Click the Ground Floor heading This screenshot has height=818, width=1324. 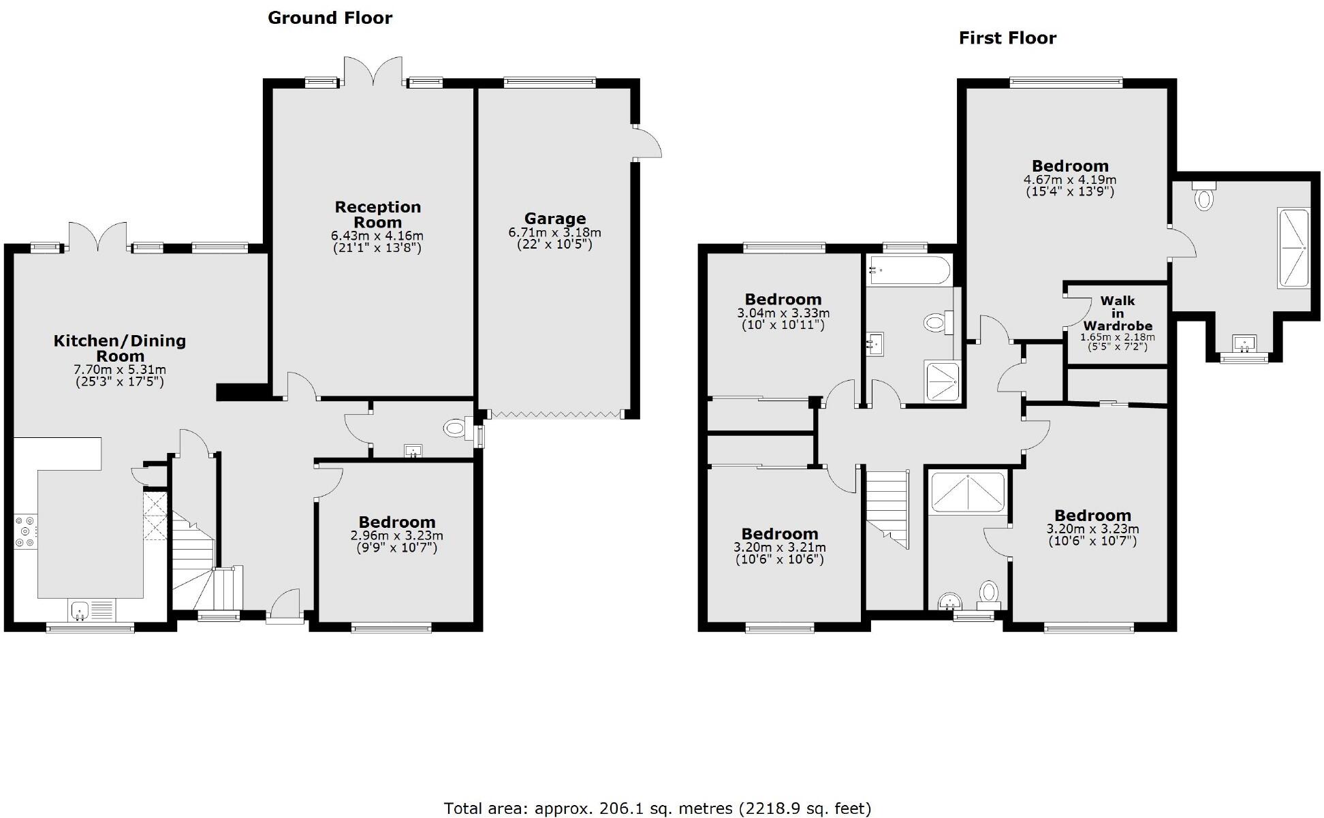point(330,18)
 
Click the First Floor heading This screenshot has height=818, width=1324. point(1007,38)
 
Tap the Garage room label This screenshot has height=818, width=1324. point(554,219)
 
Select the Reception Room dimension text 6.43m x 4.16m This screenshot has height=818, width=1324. point(377,236)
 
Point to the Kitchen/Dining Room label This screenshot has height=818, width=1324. point(120,348)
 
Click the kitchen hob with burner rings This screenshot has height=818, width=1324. point(26,531)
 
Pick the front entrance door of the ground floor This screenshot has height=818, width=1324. point(284,606)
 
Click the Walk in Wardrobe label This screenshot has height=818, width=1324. point(1117,313)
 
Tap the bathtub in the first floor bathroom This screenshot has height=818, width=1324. point(908,270)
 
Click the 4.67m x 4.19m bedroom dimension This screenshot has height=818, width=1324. point(1069,180)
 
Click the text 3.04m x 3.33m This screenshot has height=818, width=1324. point(783,313)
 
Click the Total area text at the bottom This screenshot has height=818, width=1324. point(657,808)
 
